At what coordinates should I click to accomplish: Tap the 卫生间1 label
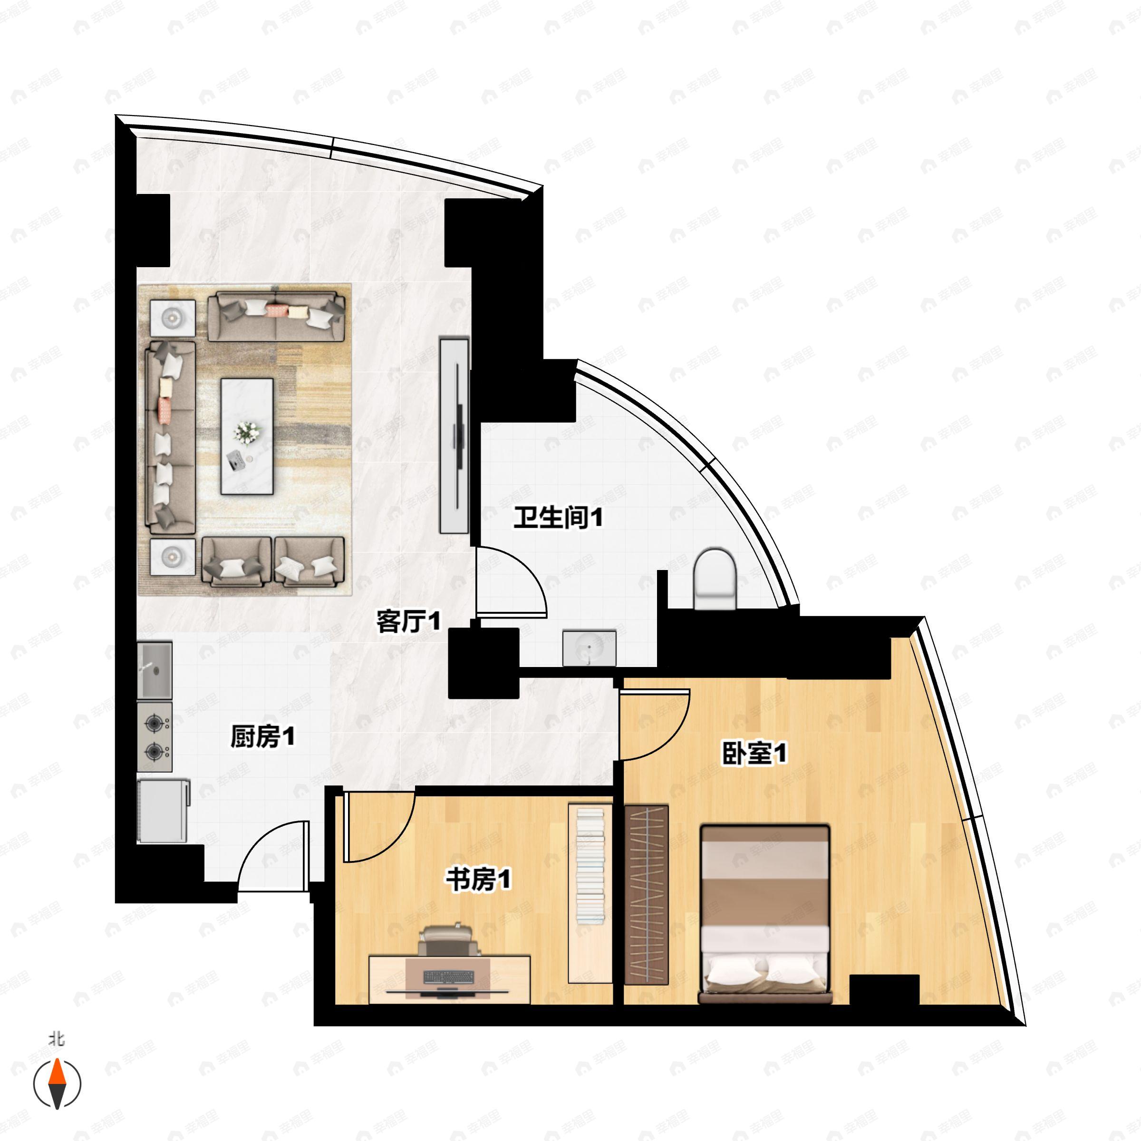point(558,518)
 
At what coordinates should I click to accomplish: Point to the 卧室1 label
point(754,753)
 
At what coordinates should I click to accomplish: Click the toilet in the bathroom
point(715,579)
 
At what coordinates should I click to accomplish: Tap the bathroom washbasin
point(589,647)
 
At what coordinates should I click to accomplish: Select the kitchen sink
point(155,670)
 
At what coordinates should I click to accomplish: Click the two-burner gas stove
point(155,736)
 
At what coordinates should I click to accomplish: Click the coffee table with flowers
point(247,436)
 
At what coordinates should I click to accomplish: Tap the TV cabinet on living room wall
point(454,435)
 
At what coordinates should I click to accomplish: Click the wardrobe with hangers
point(647,895)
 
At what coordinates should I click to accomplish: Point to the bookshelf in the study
point(590,892)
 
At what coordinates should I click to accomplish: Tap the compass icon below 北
point(57,1084)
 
